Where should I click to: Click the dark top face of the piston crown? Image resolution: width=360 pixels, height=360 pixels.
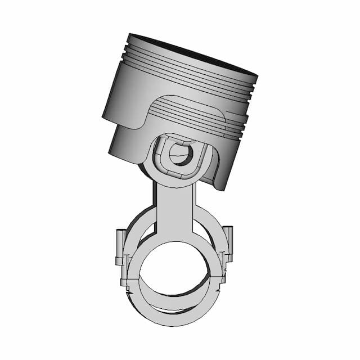(191, 52)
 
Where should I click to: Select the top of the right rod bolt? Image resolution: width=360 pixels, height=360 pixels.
(228, 229)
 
